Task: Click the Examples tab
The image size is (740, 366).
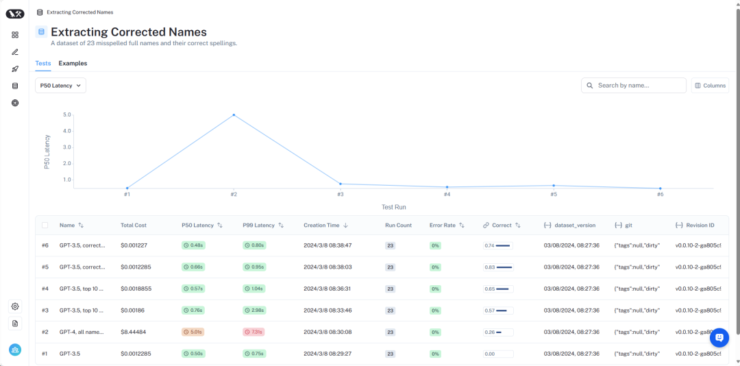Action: click(73, 63)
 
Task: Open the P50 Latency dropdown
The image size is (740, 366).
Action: click(60, 86)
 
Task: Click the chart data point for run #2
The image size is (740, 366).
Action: click(234, 115)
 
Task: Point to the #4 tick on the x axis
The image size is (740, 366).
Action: click(447, 195)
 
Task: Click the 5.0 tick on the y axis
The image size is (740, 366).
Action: click(66, 114)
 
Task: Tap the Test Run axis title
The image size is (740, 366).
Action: click(393, 206)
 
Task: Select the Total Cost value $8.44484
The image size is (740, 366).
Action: click(133, 332)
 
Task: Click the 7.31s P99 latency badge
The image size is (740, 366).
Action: click(253, 332)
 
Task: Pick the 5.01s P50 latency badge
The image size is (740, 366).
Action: click(193, 332)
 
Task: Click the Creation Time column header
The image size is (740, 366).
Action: click(321, 225)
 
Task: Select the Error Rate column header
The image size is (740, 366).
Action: click(442, 225)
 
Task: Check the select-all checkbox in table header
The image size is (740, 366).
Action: click(45, 225)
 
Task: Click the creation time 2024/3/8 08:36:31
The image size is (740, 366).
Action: click(328, 289)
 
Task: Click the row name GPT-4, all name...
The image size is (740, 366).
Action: click(82, 332)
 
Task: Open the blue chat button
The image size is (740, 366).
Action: click(719, 337)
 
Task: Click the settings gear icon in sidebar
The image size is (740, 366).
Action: click(15, 306)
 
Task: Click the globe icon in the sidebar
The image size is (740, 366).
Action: click(15, 103)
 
